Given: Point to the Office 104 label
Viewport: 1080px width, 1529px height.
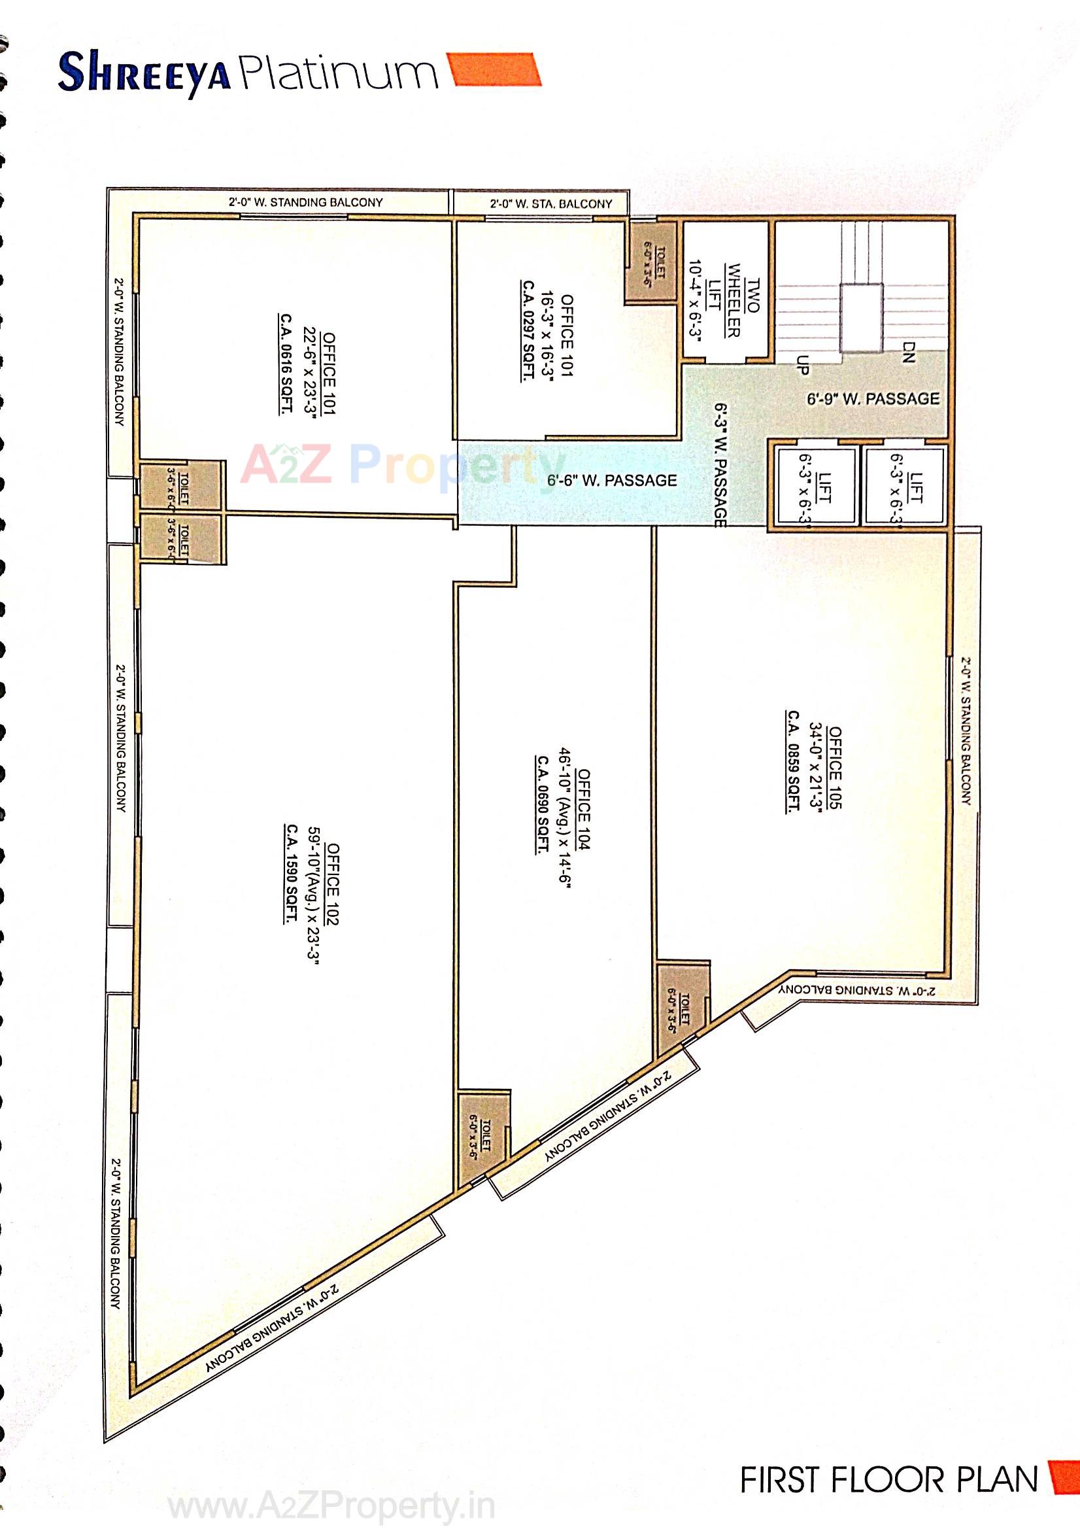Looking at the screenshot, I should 583,809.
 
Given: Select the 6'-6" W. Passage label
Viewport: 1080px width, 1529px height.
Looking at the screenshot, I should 611,480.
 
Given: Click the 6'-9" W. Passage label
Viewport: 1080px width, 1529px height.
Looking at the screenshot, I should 873,399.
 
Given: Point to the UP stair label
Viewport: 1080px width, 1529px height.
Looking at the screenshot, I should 803,365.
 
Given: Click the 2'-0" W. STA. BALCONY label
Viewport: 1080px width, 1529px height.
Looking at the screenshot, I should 550,204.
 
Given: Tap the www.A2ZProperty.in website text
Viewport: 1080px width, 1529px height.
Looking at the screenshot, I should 331,1503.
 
